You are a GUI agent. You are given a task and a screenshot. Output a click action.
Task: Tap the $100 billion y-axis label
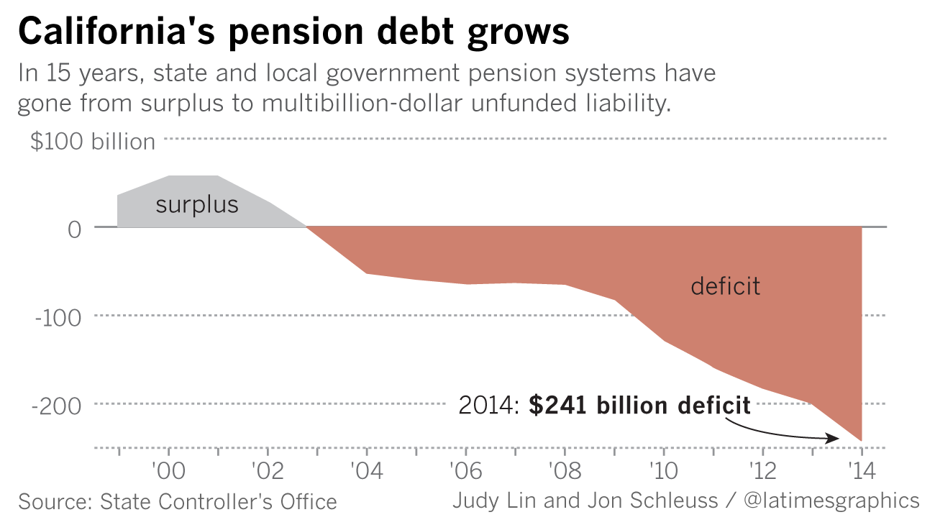click(x=93, y=142)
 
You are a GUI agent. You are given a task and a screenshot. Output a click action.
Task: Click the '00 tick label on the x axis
click(x=169, y=472)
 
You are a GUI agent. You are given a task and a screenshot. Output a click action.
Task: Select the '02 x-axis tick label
click(x=268, y=472)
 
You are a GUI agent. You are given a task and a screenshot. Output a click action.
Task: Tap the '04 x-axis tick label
click(x=367, y=472)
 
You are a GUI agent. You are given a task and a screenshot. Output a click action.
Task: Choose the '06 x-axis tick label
click(x=466, y=472)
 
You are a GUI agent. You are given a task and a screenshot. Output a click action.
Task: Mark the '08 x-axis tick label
click(x=565, y=472)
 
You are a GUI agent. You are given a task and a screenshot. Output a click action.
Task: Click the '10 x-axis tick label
click(x=663, y=472)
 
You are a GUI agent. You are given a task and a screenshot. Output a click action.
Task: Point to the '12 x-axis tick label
click(x=762, y=472)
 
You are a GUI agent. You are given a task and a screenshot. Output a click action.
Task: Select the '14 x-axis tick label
click(x=861, y=472)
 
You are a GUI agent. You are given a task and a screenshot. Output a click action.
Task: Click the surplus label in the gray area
click(x=197, y=205)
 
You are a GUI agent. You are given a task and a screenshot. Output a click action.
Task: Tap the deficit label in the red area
click(x=725, y=286)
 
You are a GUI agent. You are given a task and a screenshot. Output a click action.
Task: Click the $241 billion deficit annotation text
click(x=639, y=406)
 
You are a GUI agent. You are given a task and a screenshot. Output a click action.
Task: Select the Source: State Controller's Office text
click(x=178, y=501)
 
